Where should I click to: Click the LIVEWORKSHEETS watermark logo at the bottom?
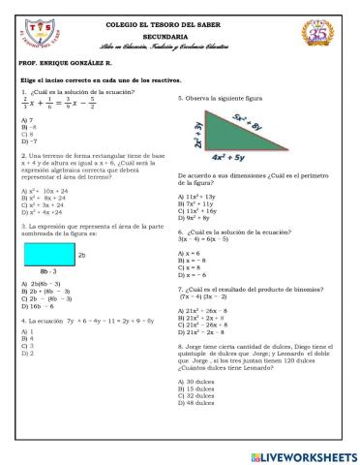(302, 455)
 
